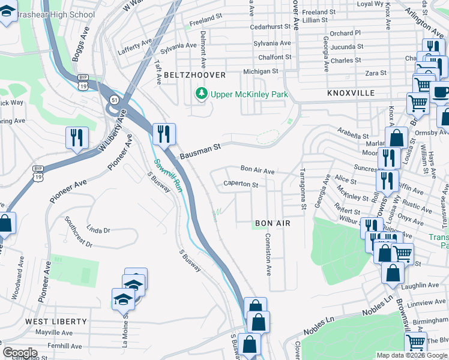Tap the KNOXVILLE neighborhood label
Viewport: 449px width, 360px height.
351,94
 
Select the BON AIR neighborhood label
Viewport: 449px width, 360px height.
273,223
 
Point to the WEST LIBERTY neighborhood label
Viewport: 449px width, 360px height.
56,322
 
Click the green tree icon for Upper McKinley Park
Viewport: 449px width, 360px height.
202,94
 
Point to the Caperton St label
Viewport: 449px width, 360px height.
240,184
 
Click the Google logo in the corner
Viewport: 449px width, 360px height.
20,353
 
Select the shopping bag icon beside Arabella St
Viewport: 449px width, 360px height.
396,137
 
